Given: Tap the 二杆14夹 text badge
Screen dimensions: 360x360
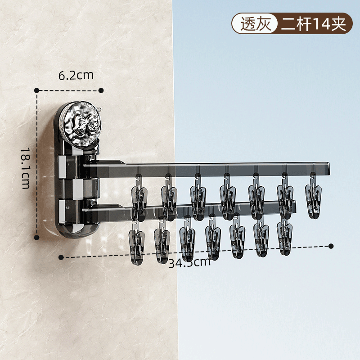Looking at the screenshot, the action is (314, 23).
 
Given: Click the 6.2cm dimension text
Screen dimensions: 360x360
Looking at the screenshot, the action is (76, 75).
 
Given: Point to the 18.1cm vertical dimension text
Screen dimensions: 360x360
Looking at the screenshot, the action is (26, 168).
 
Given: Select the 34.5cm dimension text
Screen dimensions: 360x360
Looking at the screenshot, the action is (189, 263).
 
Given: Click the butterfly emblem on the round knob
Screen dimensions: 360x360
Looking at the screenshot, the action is (87, 124).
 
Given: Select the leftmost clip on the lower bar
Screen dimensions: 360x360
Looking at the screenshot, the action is (137, 243).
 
